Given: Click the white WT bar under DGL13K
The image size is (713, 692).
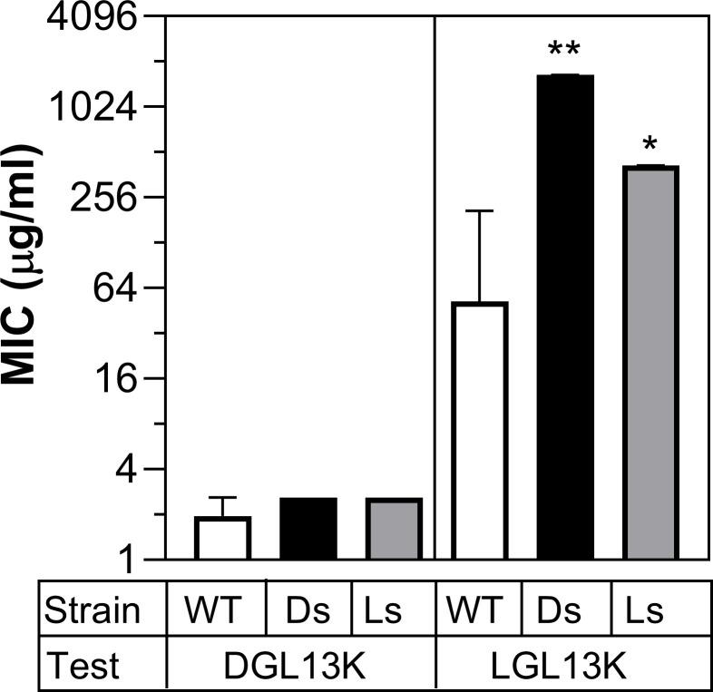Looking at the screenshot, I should (x=222, y=538).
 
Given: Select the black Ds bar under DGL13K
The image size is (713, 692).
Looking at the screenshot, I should (x=308, y=529).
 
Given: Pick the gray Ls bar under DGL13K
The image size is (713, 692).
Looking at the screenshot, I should (x=394, y=529).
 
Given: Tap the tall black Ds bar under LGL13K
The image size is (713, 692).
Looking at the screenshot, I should (x=565, y=317).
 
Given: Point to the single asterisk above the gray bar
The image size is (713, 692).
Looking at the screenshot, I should (x=650, y=145).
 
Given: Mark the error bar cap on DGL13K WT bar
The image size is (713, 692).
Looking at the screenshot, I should (x=222, y=498).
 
